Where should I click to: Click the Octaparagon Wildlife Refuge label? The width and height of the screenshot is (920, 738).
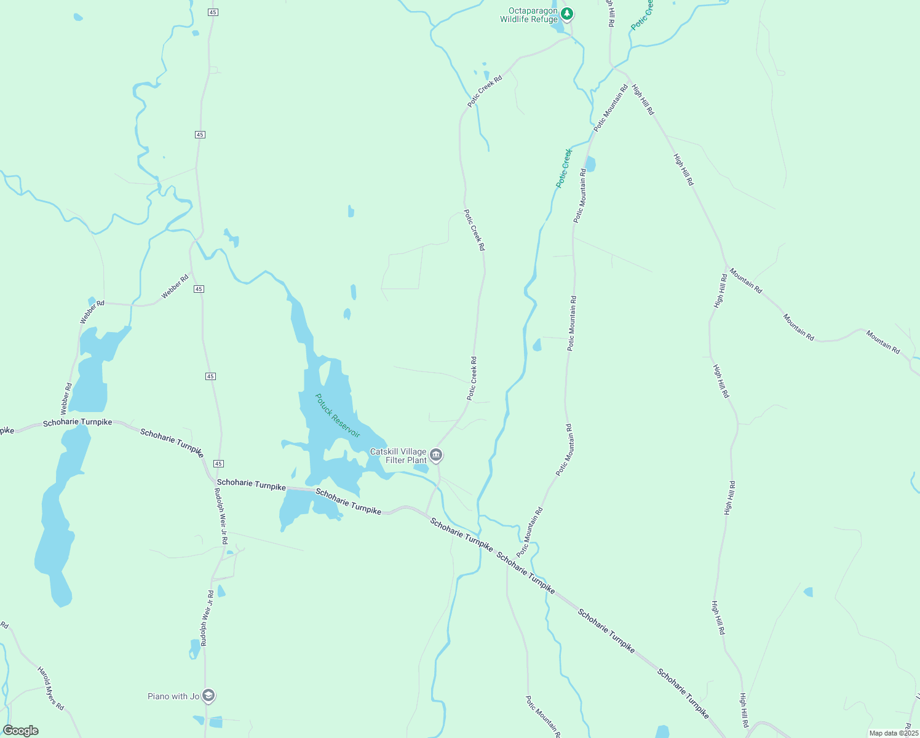pyautogui.click(x=529, y=15)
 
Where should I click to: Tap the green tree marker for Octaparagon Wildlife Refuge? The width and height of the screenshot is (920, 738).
pyautogui.click(x=567, y=13)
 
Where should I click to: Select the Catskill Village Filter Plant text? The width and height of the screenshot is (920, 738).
pyautogui.click(x=399, y=456)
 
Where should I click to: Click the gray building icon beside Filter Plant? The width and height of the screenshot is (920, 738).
pyautogui.click(x=436, y=456)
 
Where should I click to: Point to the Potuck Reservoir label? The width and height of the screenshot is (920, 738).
pyautogui.click(x=337, y=416)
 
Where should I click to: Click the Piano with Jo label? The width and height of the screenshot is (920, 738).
pyautogui.click(x=173, y=696)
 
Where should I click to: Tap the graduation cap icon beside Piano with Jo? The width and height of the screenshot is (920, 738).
pyautogui.click(x=208, y=696)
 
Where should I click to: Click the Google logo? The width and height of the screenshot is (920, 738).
pyautogui.click(x=20, y=731)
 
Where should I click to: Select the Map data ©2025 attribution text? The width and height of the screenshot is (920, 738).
pyautogui.click(x=893, y=733)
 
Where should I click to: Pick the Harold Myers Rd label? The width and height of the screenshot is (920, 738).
pyautogui.click(x=50, y=688)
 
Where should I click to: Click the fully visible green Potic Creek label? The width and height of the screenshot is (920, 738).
pyautogui.click(x=564, y=168)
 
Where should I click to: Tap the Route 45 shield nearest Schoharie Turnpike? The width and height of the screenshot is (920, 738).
pyautogui.click(x=219, y=464)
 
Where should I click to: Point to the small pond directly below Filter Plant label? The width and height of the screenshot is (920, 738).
pyautogui.click(x=421, y=469)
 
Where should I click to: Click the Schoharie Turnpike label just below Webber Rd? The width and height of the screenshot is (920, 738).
pyautogui.click(x=77, y=423)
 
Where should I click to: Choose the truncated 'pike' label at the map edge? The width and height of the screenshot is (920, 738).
pyautogui.click(x=6, y=430)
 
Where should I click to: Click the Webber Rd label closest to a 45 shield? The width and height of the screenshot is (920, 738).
pyautogui.click(x=175, y=287)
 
